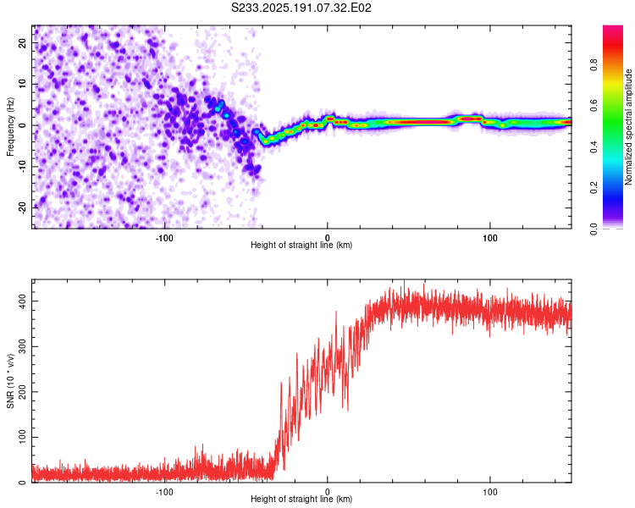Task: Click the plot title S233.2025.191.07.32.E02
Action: pos(301,8)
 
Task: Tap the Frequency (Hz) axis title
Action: pos(10,127)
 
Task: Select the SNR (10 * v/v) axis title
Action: pos(10,381)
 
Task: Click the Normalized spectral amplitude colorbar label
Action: pos(628,127)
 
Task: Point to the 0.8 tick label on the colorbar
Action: pos(594,65)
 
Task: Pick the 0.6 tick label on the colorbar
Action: pos(594,106)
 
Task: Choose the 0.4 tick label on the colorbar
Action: pos(594,146)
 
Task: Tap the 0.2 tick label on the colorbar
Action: pos(594,188)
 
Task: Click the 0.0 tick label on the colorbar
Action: pos(594,229)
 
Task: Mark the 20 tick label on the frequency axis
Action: pos(22,43)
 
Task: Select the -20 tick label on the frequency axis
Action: pos(22,207)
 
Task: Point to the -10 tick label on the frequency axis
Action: pos(22,167)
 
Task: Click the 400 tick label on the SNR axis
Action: pos(22,301)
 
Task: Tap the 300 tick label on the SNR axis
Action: pos(22,346)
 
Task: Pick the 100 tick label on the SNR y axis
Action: pos(22,437)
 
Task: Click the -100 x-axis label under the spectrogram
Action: pos(164,238)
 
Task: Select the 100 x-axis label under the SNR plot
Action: pos(490,492)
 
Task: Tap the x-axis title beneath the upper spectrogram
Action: pos(301,245)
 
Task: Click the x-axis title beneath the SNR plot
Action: pos(301,499)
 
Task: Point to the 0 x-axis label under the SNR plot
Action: pos(327,492)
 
